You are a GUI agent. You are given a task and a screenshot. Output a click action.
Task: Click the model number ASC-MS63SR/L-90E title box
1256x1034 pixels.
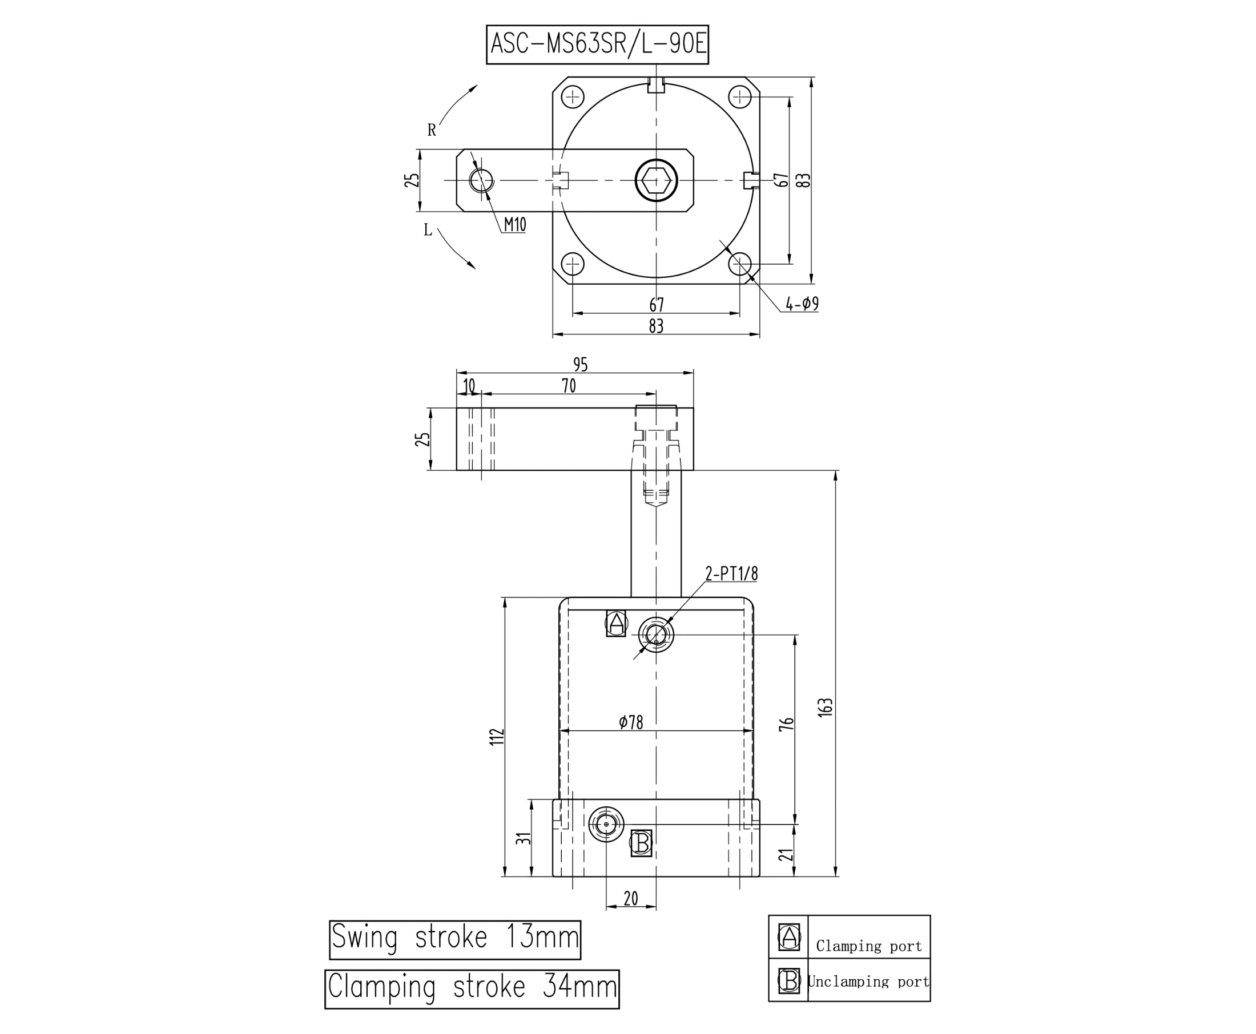point(597,45)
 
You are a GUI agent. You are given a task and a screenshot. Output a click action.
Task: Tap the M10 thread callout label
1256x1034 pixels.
point(515,225)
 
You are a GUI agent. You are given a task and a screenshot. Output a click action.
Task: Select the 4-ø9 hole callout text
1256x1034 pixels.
point(802,304)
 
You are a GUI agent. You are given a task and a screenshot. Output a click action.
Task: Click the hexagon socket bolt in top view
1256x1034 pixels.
point(656,180)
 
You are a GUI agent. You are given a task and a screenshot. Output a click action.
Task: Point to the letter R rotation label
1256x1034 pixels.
point(432,131)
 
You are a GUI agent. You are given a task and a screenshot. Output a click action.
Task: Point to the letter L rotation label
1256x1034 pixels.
point(428,230)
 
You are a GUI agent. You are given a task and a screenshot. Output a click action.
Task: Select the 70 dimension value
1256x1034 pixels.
point(569,386)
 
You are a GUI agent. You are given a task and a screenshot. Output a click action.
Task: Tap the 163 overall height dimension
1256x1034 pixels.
point(825,707)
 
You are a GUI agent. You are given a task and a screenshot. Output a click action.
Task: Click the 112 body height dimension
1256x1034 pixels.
point(496,736)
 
